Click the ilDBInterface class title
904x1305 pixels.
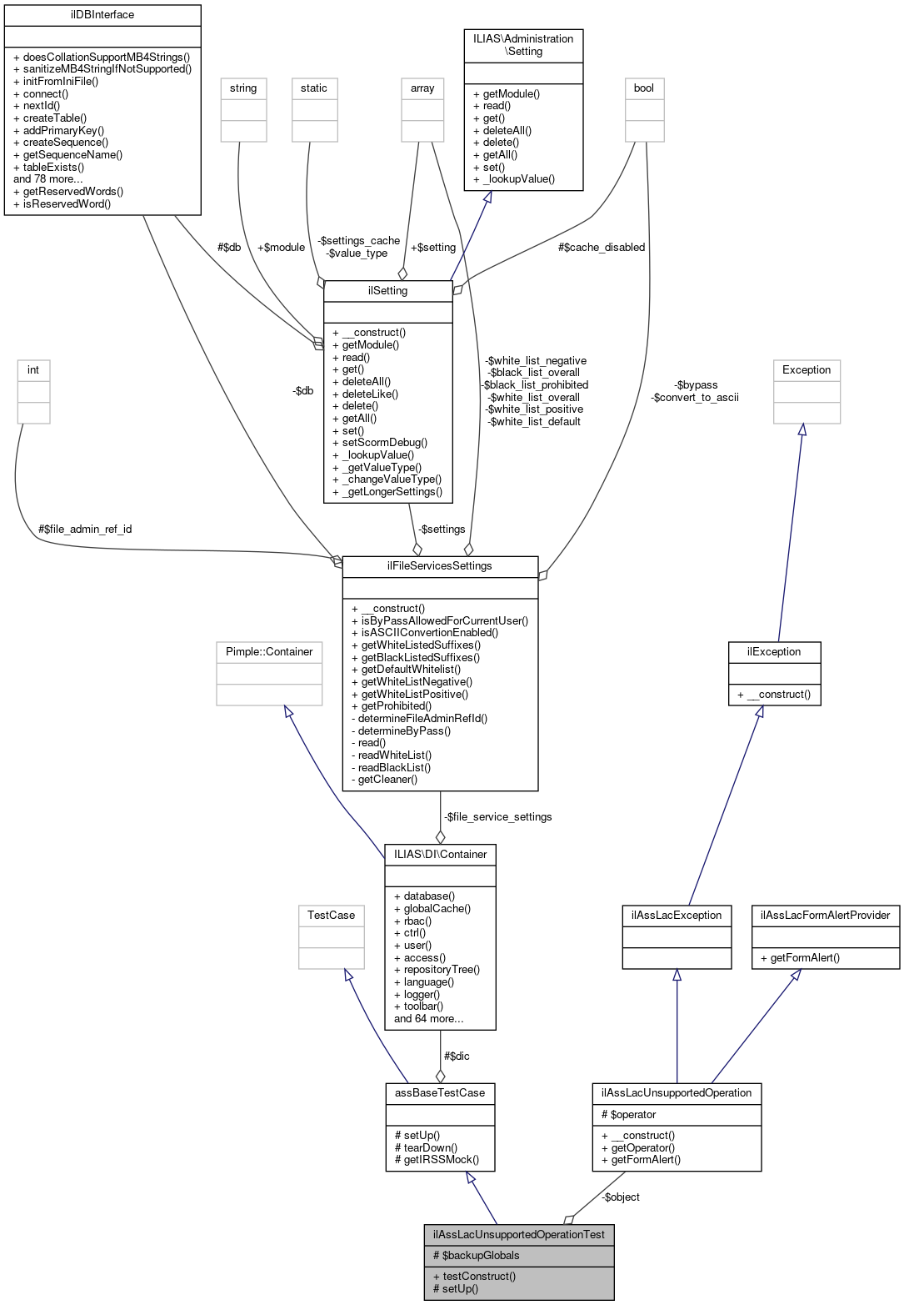102,15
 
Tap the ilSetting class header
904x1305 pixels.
387,291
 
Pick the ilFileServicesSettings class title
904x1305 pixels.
439,566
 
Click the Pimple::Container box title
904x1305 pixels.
269,652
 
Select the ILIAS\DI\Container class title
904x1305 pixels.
439,854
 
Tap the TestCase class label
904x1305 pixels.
331,916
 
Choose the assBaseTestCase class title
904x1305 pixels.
439,1093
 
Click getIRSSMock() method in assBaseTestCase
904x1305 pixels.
441,1160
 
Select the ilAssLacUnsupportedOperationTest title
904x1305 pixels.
518,1235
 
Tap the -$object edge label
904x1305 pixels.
621,1197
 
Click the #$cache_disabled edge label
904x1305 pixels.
602,248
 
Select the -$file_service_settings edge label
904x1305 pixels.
497,817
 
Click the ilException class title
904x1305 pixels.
774,652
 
